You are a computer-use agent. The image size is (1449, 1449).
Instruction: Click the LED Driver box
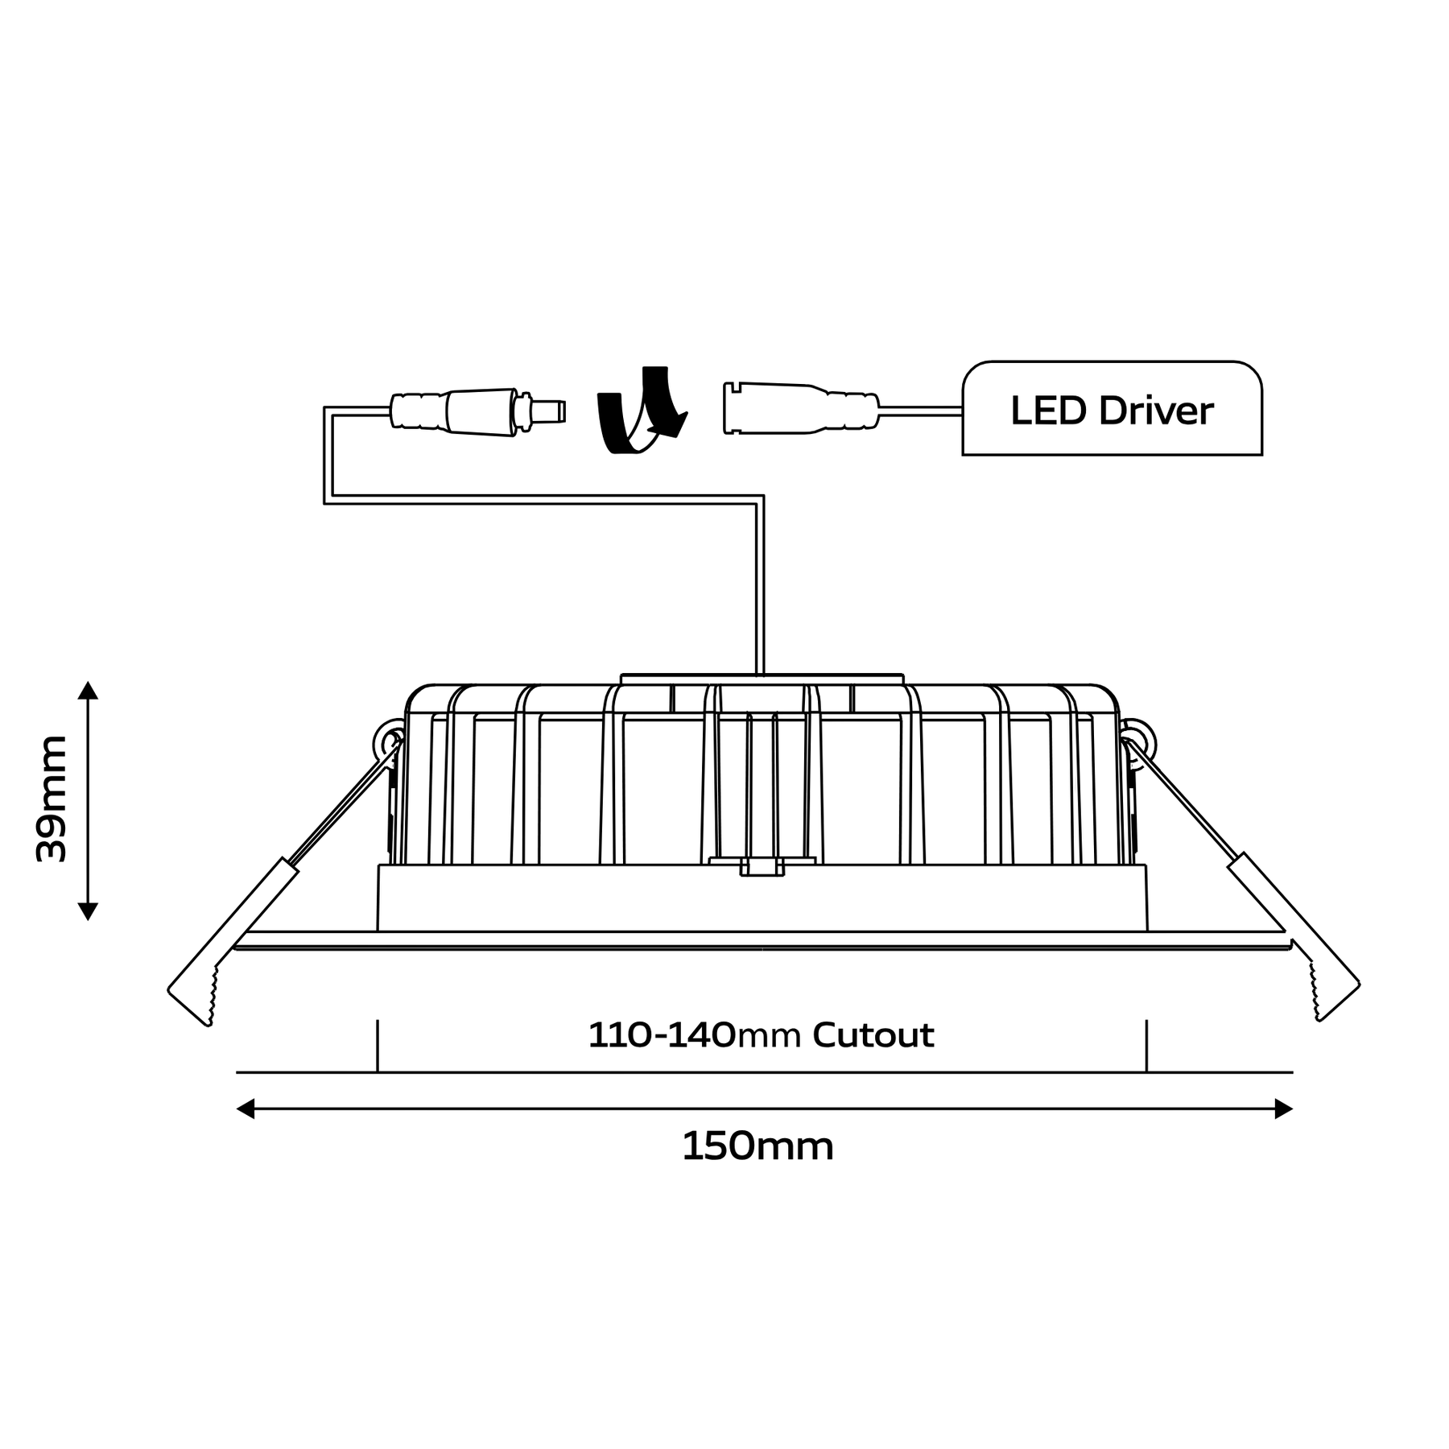pyautogui.click(x=1112, y=408)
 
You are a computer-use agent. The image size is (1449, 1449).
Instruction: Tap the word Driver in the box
pyautogui.click(x=1156, y=411)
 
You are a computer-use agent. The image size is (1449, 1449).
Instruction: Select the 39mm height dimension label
pyautogui.click(x=52, y=799)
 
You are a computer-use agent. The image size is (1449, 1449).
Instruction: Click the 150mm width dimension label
pyautogui.click(x=758, y=1146)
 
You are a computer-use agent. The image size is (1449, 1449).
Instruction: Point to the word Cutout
pyautogui.click(x=873, y=1035)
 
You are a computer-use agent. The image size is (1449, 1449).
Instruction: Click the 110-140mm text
pyautogui.click(x=695, y=1035)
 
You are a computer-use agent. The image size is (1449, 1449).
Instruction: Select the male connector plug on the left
pyautogui.click(x=477, y=413)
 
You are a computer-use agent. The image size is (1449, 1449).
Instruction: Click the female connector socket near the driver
pyautogui.click(x=801, y=408)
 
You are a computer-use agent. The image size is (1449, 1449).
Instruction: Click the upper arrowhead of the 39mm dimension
pyautogui.click(x=88, y=690)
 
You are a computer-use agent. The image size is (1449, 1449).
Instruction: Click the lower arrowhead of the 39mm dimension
pyautogui.click(x=88, y=911)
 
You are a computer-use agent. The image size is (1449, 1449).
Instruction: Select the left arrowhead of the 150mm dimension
pyautogui.click(x=245, y=1109)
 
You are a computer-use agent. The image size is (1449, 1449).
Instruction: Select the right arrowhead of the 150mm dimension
pyautogui.click(x=1284, y=1109)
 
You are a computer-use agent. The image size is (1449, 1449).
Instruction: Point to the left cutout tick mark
pyautogui.click(x=378, y=1046)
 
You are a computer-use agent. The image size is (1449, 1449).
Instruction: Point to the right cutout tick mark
pyautogui.click(x=1146, y=1046)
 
